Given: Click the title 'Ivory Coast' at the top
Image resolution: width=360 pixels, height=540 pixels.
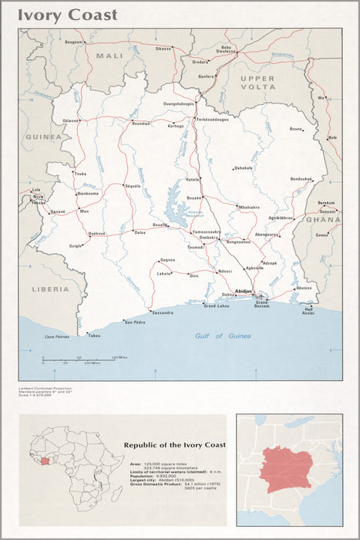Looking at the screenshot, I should click(x=68, y=15).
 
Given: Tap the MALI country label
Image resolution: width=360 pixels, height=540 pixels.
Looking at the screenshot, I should click(x=109, y=56).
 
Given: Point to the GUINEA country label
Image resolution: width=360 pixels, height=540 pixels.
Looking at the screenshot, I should click(x=42, y=137).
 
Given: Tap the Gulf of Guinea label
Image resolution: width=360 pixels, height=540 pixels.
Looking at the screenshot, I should click(x=223, y=336).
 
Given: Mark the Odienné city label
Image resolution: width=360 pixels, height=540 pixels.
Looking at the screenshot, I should click(x=71, y=121).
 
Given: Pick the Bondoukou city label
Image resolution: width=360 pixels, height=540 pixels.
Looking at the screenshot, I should click(x=301, y=179).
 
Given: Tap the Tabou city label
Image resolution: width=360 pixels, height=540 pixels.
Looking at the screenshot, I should click(x=94, y=336).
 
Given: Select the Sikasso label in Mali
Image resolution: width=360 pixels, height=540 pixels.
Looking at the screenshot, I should click(x=163, y=48).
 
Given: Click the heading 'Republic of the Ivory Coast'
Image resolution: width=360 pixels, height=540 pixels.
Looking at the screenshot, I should click(x=174, y=445).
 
